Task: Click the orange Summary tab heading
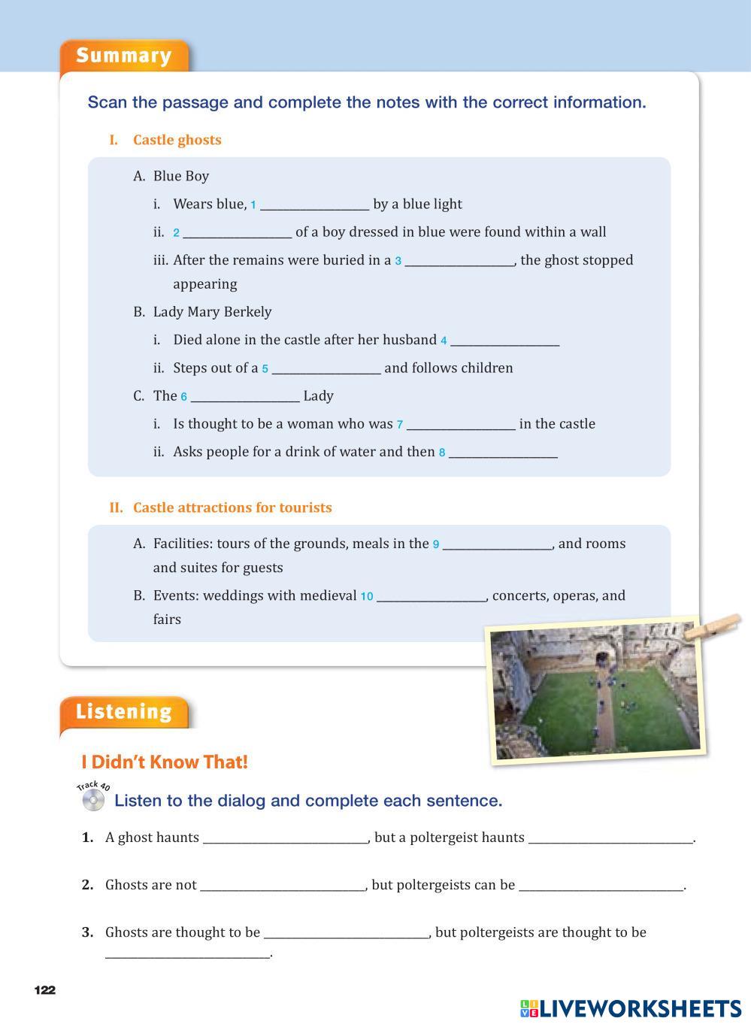[x=124, y=56]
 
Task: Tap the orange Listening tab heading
[x=124, y=711]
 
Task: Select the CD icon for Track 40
[x=93, y=799]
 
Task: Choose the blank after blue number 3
[x=459, y=261]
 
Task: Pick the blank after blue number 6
[x=245, y=396]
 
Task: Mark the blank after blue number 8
[x=503, y=453]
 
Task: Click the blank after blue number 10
[x=432, y=596]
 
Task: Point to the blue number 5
[x=265, y=369]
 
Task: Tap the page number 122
[x=45, y=989]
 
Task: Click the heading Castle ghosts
[x=177, y=140]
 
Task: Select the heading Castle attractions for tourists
[x=232, y=507]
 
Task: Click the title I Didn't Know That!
[x=165, y=762]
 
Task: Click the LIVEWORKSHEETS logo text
[x=640, y=1008]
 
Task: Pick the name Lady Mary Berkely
[x=212, y=312]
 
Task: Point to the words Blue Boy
[x=181, y=176]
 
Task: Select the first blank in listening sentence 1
[x=285, y=838]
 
